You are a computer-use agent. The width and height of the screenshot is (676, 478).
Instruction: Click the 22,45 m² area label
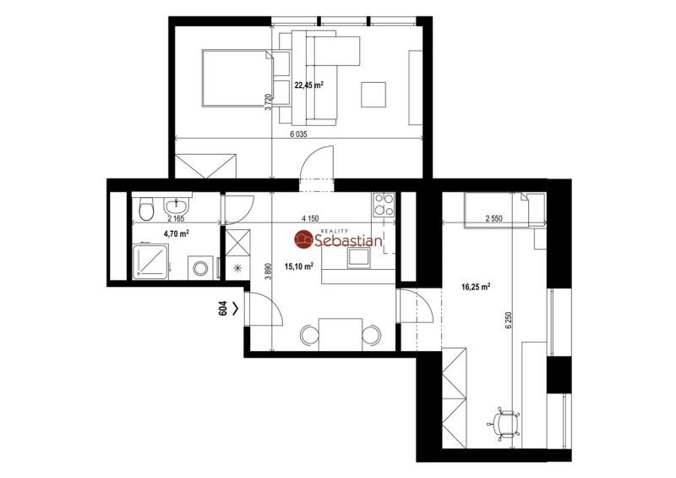click(x=308, y=85)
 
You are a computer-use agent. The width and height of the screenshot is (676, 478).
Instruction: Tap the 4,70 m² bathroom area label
click(x=177, y=234)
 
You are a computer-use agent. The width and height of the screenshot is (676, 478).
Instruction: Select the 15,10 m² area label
click(x=299, y=266)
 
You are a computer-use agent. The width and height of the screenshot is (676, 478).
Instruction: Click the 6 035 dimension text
click(x=298, y=135)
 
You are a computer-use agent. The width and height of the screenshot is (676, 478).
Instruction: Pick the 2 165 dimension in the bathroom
click(x=176, y=219)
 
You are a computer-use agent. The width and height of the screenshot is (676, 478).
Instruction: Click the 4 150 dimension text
click(x=310, y=219)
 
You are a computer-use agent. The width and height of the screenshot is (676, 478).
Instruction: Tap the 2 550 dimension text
click(x=494, y=219)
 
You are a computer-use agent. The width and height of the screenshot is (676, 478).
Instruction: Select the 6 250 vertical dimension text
click(x=510, y=321)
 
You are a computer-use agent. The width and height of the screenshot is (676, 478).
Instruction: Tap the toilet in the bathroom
click(x=146, y=210)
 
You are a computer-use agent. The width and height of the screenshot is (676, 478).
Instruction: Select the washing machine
click(x=200, y=267)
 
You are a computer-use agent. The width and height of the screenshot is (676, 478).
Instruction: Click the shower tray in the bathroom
click(x=150, y=261)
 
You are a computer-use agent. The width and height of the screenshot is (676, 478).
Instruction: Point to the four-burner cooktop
click(x=384, y=205)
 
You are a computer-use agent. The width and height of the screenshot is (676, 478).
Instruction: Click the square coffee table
click(x=373, y=95)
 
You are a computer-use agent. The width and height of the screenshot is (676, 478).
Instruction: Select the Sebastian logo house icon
click(x=304, y=240)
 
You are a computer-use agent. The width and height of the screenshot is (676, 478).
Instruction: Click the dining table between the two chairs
click(x=341, y=335)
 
